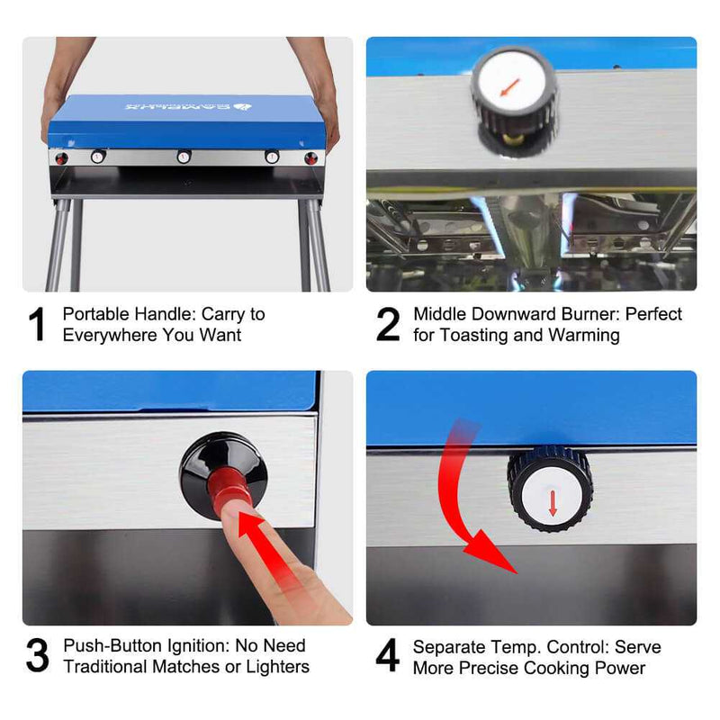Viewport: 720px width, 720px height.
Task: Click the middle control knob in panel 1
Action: tap(184, 157)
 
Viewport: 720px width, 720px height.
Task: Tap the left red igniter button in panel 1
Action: tap(62, 157)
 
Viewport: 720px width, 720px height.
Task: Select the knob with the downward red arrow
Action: tap(551, 491)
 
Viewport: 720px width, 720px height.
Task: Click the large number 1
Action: tap(38, 325)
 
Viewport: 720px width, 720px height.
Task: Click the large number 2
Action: tap(388, 325)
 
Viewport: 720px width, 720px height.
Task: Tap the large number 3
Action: tap(38, 656)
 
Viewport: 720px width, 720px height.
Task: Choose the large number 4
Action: tap(388, 656)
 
